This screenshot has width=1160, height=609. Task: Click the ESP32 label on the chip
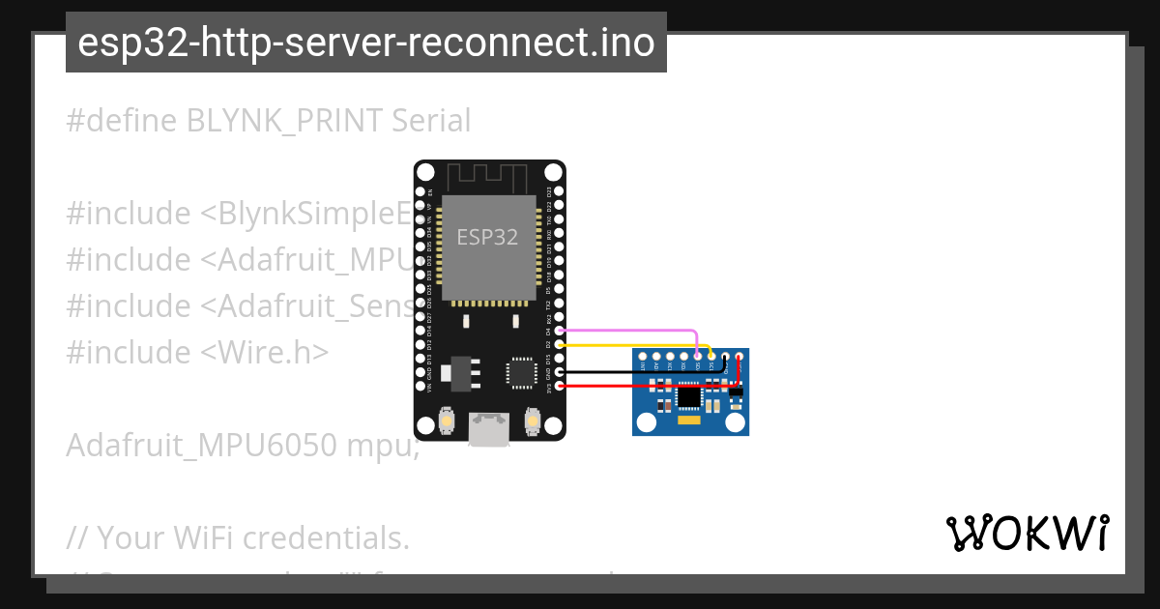[488, 237]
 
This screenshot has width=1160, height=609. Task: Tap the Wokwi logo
[1027, 533]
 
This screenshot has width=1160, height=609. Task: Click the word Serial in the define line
[431, 121]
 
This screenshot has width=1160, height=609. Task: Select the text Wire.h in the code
[266, 352]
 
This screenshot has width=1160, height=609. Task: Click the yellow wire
[628, 345]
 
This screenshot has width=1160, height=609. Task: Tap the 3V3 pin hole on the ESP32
[560, 387]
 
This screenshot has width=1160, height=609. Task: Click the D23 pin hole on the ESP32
[560, 191]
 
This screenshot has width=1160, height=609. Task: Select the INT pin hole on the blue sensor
[642, 357]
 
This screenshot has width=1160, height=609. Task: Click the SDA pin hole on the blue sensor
[698, 357]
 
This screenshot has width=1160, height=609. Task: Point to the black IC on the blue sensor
[689, 395]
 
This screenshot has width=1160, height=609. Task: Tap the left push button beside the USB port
[448, 420]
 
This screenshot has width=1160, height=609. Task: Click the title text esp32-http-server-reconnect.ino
[365, 43]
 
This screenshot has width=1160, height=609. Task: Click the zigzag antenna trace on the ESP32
[489, 178]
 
